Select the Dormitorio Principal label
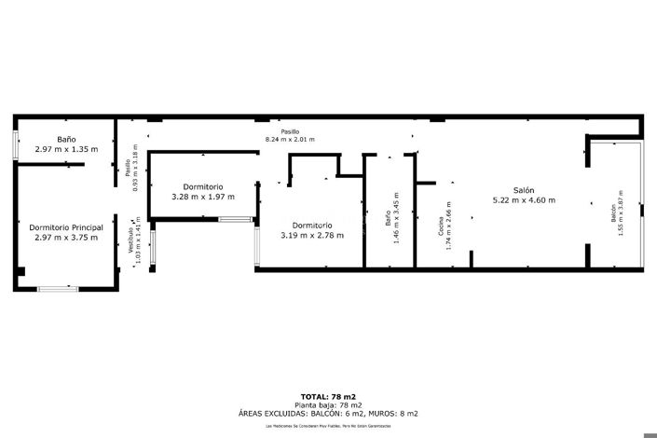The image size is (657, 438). [x=66, y=226]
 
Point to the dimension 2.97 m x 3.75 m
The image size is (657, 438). [x=66, y=237]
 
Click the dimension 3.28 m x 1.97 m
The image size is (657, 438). [x=203, y=197]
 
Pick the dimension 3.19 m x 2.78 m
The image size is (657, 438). [x=312, y=235]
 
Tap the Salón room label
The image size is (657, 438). [x=523, y=189]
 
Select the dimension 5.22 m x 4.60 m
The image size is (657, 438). [x=523, y=199]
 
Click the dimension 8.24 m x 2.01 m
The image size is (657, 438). [x=290, y=140]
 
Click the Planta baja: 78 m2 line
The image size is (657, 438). [x=327, y=405]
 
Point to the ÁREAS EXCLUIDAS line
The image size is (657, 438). [x=327, y=413]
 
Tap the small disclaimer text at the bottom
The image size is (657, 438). [x=327, y=425]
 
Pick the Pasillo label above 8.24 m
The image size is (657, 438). [x=290, y=131]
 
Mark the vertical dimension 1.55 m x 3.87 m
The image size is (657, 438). [x=621, y=215]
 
